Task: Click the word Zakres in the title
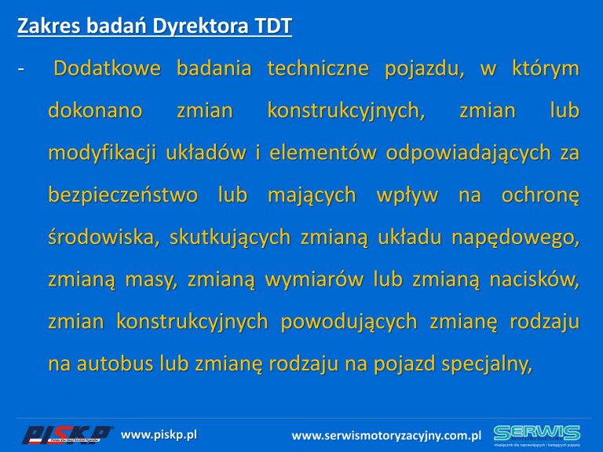pyautogui.click(x=49, y=26)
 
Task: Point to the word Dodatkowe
pyautogui.click(x=107, y=68)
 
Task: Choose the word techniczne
pyautogui.click(x=318, y=68)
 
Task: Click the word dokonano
pyautogui.click(x=95, y=111)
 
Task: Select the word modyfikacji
pyautogui.click(x=102, y=154)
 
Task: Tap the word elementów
pyautogui.click(x=323, y=153)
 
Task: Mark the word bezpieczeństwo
pyautogui.click(x=123, y=195)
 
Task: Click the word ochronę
pyautogui.click(x=540, y=196)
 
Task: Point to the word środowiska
pyautogui.click(x=104, y=237)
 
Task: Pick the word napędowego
pyautogui.click(x=515, y=239)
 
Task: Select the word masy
pyautogui.click(x=151, y=280)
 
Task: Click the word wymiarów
pyautogui.click(x=314, y=280)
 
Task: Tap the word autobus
pyautogui.click(x=115, y=364)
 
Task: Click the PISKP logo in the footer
pyautogui.click(x=68, y=435)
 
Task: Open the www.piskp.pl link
pyautogui.click(x=159, y=435)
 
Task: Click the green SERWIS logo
pyautogui.click(x=537, y=434)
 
